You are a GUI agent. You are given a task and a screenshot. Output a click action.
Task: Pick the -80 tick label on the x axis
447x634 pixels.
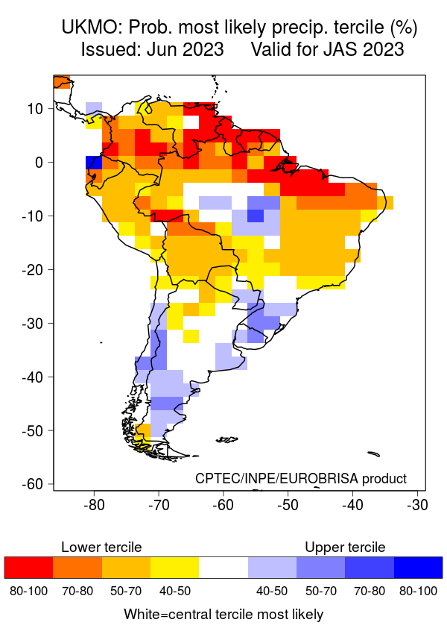[93, 505]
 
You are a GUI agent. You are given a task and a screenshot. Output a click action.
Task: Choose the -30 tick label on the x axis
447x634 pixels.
[416, 505]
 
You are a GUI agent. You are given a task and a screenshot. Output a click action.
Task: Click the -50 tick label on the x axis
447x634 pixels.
[288, 505]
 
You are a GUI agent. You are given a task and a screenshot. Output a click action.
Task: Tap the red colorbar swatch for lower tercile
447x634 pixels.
[28, 568]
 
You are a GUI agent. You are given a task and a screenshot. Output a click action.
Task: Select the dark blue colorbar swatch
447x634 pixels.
[418, 568]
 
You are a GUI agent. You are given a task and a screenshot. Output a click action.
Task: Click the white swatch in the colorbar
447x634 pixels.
[223, 568]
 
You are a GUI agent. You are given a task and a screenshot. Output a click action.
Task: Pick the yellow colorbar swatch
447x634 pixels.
[174, 568]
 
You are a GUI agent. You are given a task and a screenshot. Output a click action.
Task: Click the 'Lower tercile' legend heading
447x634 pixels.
[101, 547]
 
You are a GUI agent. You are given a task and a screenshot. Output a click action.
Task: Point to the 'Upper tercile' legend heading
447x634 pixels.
[345, 547]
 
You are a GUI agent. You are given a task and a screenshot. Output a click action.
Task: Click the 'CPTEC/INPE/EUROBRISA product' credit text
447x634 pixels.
[301, 478]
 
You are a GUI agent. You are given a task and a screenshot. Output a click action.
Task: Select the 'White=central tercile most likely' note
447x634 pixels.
[223, 615]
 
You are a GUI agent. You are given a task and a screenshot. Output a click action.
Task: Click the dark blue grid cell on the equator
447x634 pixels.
[93, 163]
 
